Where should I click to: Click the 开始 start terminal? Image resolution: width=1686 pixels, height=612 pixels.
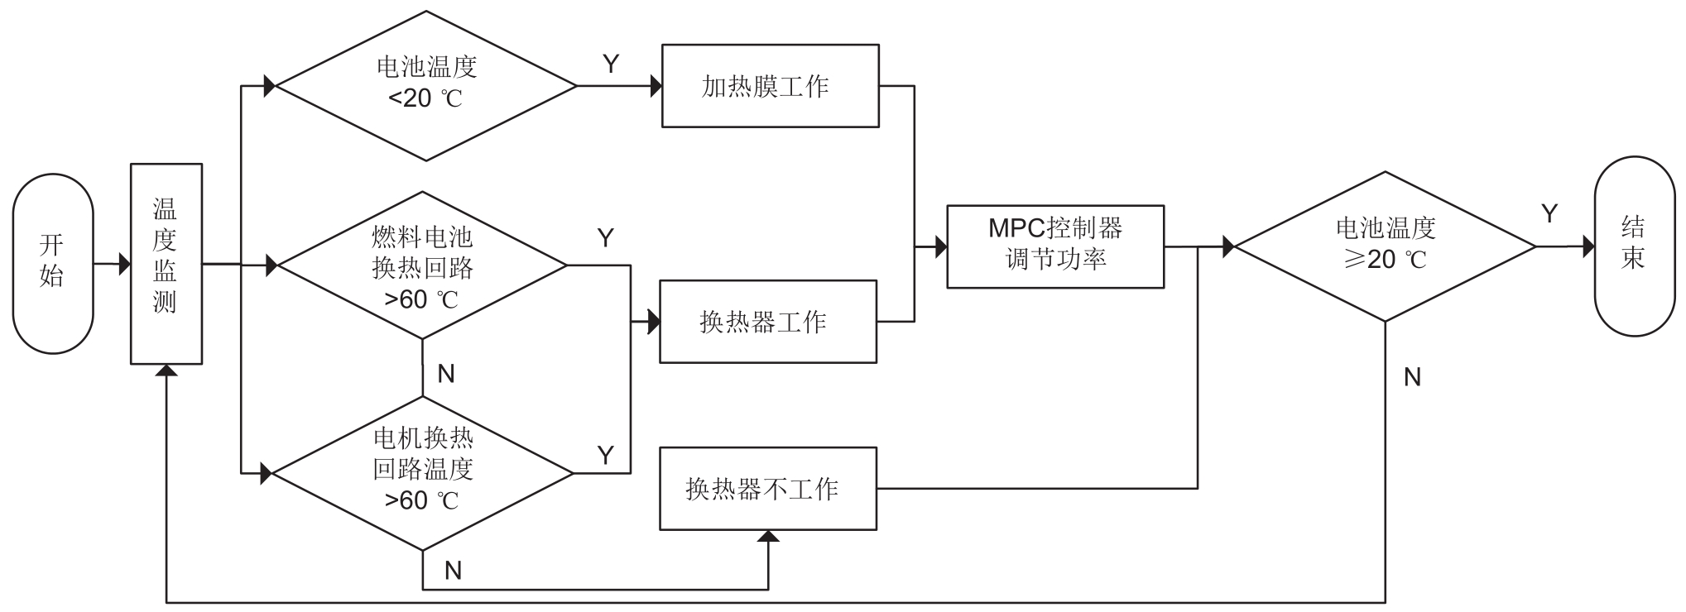pyautogui.click(x=52, y=263)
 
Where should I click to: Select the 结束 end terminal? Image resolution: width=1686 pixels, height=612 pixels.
pyautogui.click(x=1634, y=246)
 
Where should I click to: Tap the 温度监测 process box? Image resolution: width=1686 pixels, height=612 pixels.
pyautogui.click(x=166, y=263)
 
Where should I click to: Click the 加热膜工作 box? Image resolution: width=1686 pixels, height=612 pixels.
pyautogui.click(x=770, y=86)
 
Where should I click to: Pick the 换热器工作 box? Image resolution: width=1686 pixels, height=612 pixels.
pyautogui.click(x=767, y=321)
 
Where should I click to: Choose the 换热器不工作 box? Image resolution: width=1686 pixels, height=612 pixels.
pyautogui.click(x=767, y=488)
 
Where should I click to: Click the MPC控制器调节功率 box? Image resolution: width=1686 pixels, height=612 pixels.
pyautogui.click(x=1055, y=246)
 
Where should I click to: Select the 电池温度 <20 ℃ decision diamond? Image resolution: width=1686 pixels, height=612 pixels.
pyautogui.click(x=425, y=85)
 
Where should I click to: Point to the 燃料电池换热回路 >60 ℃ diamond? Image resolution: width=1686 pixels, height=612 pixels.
pyautogui.click(x=422, y=265)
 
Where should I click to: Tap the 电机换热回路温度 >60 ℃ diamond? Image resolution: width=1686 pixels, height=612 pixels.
pyautogui.click(x=423, y=473)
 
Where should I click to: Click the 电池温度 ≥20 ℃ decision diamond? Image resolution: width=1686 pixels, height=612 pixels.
pyautogui.click(x=1386, y=246)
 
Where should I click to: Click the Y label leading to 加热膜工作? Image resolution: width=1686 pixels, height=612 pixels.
pyautogui.click(x=611, y=65)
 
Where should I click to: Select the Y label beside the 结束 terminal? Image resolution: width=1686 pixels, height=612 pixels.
pyautogui.click(x=1549, y=214)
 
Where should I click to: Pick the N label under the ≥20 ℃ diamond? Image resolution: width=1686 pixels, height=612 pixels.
pyautogui.click(x=1412, y=377)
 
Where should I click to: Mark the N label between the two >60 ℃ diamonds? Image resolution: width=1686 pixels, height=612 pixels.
pyautogui.click(x=446, y=374)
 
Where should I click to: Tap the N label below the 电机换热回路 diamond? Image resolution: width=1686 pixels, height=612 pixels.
pyautogui.click(x=453, y=571)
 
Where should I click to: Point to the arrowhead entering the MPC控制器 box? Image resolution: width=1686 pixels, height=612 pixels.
pyautogui.click(x=941, y=246)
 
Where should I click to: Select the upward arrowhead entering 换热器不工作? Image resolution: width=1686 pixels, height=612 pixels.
pyautogui.click(x=768, y=537)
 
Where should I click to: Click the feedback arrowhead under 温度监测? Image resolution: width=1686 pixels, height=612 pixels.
pyautogui.click(x=167, y=370)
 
